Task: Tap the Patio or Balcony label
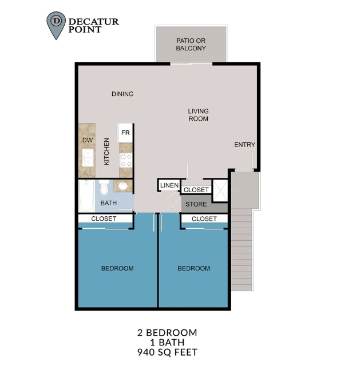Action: pos(191,44)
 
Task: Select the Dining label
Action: pos(122,94)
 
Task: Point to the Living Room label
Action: pos(199,115)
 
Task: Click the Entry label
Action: pos(244,145)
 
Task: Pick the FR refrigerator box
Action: pos(125,133)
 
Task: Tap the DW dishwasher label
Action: pos(87,140)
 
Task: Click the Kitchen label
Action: pos(106,152)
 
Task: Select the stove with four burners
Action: pos(125,160)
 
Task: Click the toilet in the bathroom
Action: pos(104,187)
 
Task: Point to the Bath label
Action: pos(109,203)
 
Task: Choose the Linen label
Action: pos(169,185)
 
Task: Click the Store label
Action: pos(196,204)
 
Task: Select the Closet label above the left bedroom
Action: pos(104,219)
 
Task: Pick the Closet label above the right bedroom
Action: pos(204,219)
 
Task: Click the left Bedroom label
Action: pos(117,268)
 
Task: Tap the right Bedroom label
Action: pos(193,268)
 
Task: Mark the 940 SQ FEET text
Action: pos(167,353)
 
